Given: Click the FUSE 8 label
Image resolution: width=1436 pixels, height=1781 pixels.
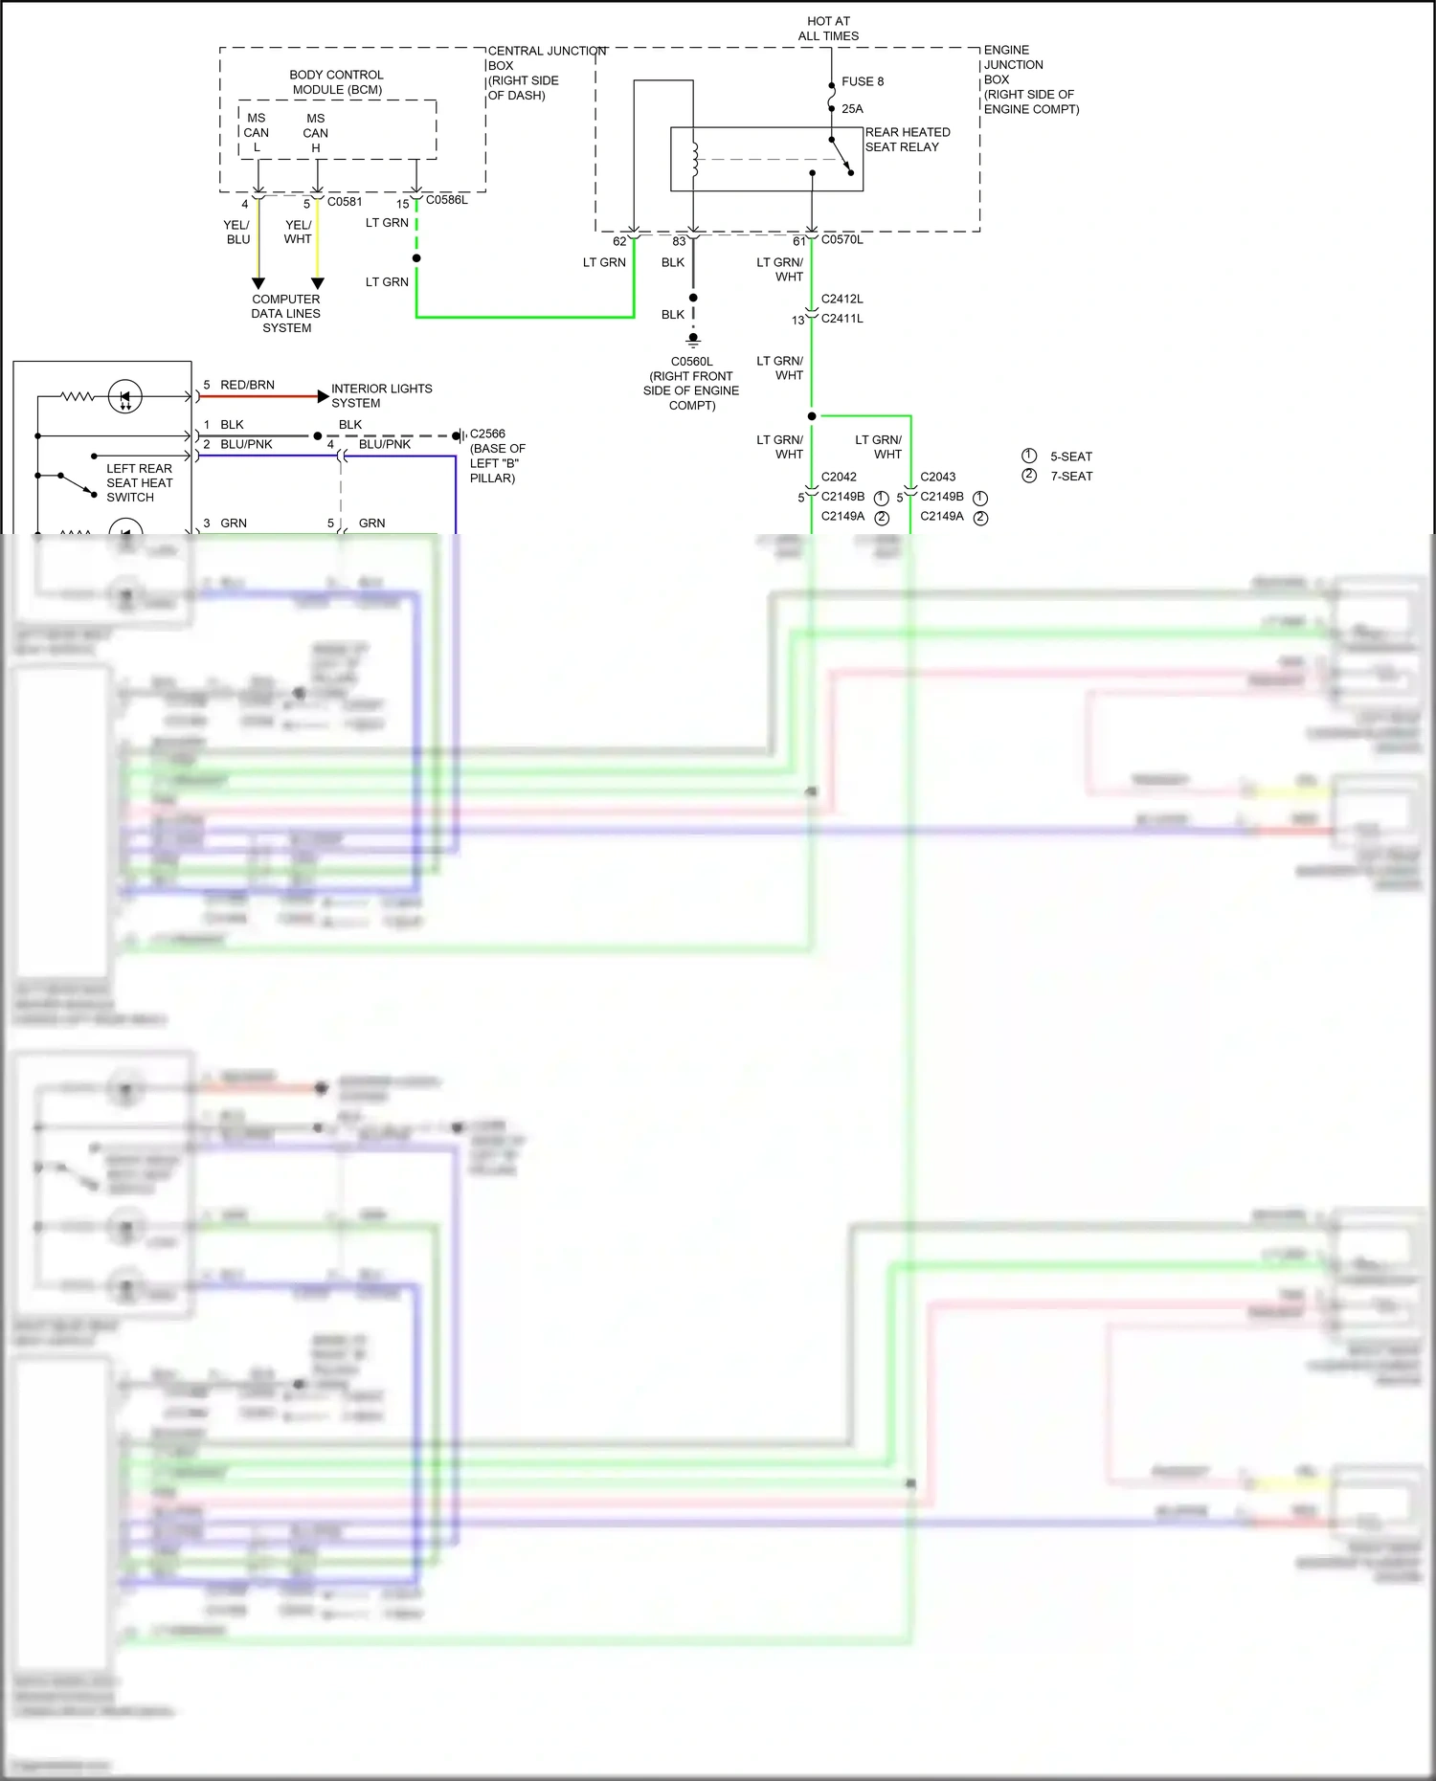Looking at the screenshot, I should pos(862,81).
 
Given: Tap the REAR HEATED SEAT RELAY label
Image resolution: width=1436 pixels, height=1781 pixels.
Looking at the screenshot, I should pos(907,140).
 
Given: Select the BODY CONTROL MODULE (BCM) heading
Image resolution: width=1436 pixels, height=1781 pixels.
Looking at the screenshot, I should pos(337,82).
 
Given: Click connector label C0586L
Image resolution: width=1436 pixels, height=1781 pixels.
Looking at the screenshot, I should pos(446,200).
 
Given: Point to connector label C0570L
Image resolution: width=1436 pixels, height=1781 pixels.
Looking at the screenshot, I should pos(841,240).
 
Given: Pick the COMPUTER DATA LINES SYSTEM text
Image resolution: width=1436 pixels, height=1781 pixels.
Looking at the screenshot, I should pos(286,313).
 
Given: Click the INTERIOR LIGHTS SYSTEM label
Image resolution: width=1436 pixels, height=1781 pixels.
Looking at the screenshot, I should pos(381,395).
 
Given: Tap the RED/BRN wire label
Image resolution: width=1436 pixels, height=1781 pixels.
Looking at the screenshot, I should pos(247,385).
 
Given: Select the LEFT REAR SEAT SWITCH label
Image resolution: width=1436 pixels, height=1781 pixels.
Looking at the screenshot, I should pos(139,482).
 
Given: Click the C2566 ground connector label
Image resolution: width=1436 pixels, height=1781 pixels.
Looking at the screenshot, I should pos(487,434).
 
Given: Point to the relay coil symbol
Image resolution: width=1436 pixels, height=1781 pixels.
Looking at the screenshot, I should pos(694,159).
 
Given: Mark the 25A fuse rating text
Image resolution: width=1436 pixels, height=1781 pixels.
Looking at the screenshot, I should pos(852,109).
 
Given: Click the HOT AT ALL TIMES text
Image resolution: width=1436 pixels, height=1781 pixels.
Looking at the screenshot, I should pos(828,29).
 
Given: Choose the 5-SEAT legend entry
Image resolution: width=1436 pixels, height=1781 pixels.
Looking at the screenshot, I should pos(1070,456).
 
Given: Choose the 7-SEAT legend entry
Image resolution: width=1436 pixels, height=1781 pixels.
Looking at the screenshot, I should pos(1070,476).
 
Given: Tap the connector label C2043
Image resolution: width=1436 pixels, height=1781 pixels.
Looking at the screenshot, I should pos(937,477).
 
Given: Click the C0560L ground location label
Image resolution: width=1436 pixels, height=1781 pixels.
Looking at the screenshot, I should pos(691,383).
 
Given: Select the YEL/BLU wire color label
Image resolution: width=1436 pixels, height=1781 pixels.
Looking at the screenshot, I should pos(236,232).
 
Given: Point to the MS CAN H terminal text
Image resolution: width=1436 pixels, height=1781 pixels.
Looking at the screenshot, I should pos(315,133).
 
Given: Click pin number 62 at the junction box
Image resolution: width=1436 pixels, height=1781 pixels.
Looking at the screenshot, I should pos(619,241).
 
